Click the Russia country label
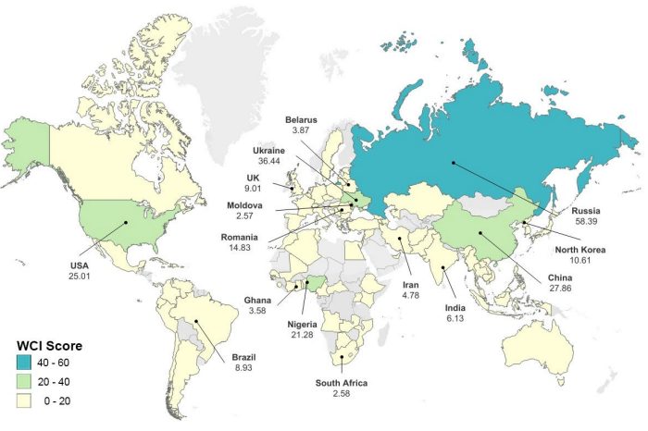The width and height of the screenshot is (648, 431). click(587, 211)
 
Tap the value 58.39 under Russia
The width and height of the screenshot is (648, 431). click(587, 223)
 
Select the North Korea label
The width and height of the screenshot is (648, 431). click(579, 248)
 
